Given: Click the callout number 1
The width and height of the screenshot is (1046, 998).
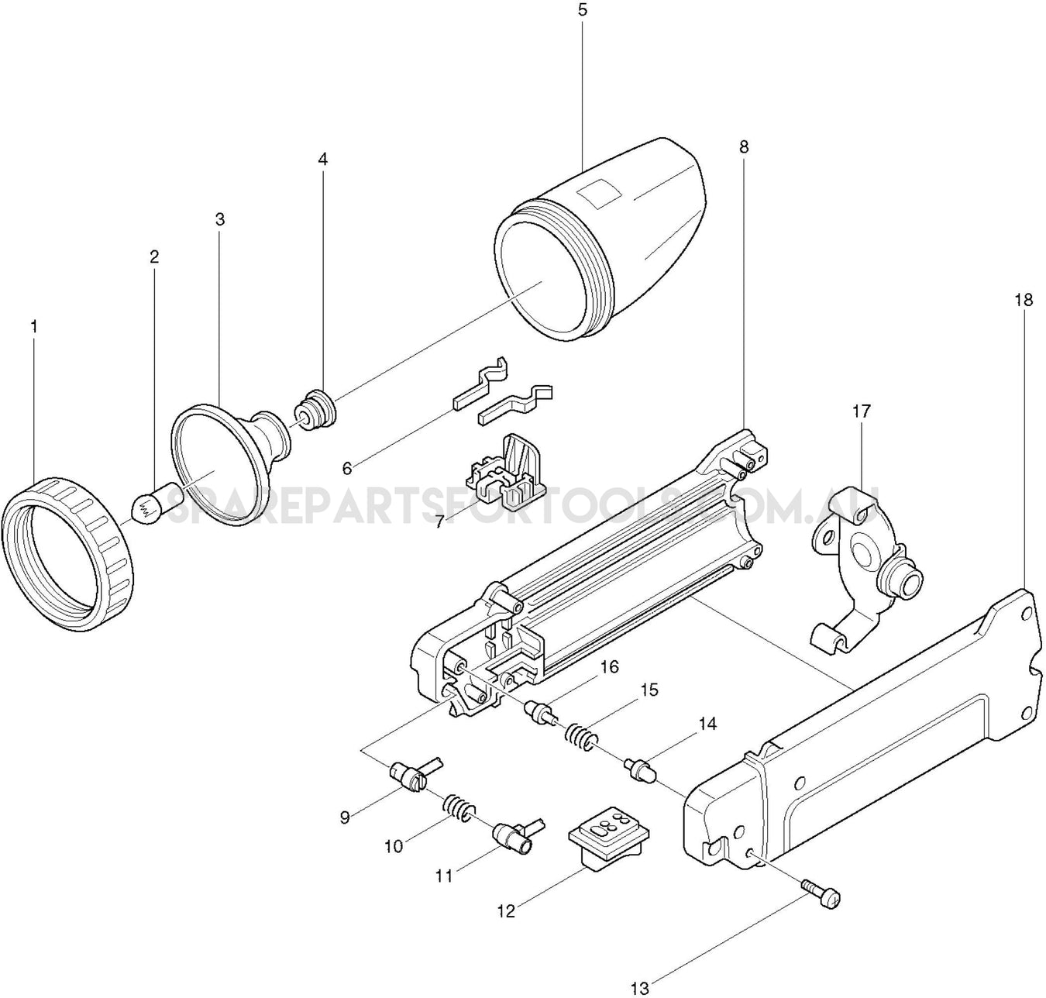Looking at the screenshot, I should [33, 326].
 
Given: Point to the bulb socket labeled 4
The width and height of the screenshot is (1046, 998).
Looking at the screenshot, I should [315, 409].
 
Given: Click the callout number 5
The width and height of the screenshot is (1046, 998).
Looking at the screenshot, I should [583, 10].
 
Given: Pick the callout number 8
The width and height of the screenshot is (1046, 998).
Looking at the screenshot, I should [744, 146].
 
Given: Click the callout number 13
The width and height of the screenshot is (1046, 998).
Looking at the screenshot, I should [640, 987].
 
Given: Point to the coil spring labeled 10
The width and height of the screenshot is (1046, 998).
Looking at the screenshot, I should [459, 810].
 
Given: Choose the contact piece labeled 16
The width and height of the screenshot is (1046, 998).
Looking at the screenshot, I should [539, 711].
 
